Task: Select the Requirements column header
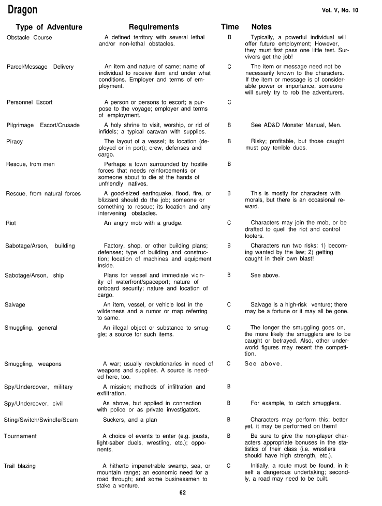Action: click(x=154, y=27)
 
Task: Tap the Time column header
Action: click(x=230, y=27)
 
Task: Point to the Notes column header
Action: click(x=261, y=27)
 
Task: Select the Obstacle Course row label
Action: click(x=30, y=38)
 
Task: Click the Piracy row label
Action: click(x=15, y=141)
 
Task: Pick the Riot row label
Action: click(x=11, y=223)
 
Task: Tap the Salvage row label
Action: click(x=15, y=305)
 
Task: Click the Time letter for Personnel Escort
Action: click(x=229, y=102)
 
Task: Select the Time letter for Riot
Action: click(x=229, y=223)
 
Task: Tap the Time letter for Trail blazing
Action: click(x=228, y=466)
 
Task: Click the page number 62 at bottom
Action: click(x=182, y=493)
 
